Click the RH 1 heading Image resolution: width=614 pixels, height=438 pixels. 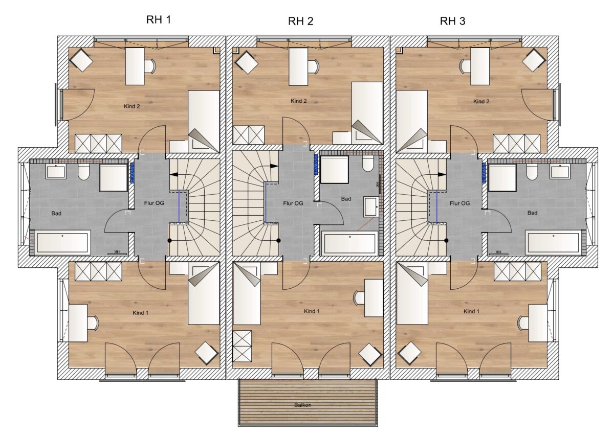159,20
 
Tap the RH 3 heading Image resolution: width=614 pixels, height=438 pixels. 452,21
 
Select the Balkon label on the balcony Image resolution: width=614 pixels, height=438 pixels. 303,405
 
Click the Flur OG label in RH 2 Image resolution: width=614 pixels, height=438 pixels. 293,203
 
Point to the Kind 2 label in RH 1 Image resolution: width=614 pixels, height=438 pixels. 132,106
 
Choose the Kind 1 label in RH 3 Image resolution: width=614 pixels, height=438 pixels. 471,311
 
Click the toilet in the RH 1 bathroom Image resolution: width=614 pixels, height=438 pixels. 84,172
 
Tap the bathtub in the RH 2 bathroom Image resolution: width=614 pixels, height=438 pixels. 349,243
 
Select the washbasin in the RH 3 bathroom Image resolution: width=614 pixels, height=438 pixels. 560,171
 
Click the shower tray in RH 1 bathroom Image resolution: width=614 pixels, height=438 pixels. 113,177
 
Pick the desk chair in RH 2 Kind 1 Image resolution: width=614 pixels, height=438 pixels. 359,298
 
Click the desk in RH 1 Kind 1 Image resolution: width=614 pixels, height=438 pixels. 78,323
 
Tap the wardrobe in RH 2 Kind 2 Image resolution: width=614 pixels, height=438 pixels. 249,135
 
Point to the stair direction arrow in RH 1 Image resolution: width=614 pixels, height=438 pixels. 174,174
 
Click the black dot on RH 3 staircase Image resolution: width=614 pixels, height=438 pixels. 446,241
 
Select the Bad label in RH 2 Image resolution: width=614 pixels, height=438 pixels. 346,199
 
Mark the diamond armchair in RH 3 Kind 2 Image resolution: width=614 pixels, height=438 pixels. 533,60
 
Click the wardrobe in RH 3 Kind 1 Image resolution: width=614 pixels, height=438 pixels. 517,271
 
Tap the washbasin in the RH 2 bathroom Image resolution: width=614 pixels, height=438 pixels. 371,206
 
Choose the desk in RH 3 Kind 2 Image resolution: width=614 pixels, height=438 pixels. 480,66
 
